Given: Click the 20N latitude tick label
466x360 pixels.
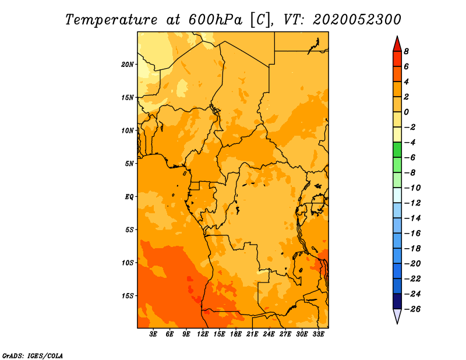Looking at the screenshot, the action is point(128,65).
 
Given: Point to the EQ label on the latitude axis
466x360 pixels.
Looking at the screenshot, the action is point(129,197).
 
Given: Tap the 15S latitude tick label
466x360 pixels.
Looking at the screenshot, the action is point(128,296).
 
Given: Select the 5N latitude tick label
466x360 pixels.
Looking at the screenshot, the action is point(129,164).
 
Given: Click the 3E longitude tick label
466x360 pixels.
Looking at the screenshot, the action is point(153,334).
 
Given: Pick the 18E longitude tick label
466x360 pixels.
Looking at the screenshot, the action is point(236,334).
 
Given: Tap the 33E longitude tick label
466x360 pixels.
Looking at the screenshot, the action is point(318,334).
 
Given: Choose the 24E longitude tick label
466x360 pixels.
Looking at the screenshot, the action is point(269,334).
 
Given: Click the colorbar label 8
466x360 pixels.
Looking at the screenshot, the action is point(406,51).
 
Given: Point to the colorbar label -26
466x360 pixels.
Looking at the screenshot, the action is point(412,309).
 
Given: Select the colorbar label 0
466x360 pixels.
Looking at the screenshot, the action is point(406,112).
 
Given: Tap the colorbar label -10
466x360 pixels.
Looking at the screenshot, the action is point(412,188).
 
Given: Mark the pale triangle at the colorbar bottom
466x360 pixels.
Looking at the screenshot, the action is point(397,316).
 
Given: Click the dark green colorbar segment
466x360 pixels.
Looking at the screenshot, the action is point(397,150).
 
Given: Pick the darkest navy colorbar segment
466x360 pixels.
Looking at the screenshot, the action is point(397,301).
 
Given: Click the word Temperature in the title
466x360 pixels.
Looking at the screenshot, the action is point(111,20).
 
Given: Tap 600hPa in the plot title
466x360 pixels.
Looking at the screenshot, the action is point(216,20).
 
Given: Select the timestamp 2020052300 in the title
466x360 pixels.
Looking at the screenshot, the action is point(357,20).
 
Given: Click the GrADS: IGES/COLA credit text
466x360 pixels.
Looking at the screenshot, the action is point(33,356).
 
